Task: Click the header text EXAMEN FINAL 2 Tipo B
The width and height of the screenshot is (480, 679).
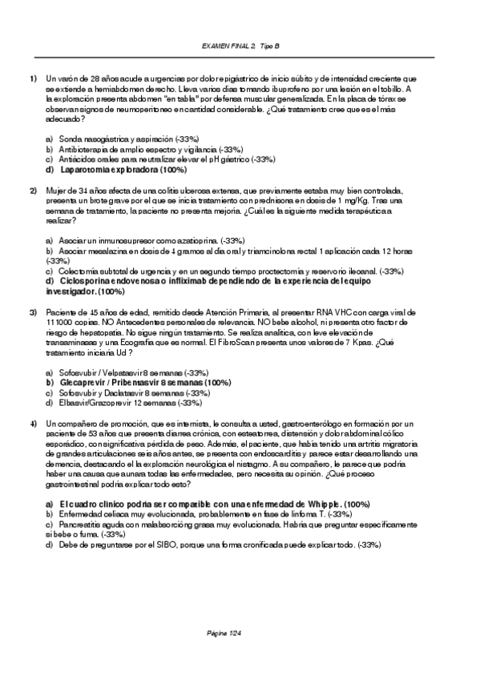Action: click(240, 47)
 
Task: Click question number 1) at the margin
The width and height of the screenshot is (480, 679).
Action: click(34, 78)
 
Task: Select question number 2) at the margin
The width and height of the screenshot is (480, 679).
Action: click(34, 191)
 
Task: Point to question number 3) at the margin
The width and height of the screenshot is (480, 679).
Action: click(34, 311)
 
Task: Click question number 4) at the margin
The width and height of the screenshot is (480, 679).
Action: click(34, 423)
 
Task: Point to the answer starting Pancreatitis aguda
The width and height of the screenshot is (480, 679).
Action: click(232, 524)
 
